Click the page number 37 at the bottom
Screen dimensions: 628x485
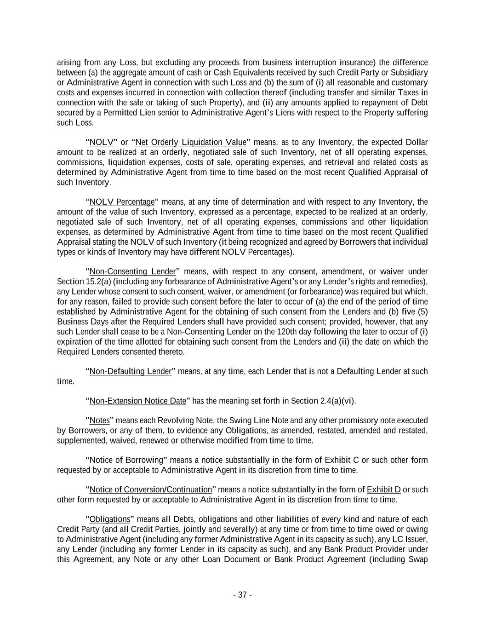tap(242, 595)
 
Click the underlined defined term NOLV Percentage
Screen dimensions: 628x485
tap(122, 202)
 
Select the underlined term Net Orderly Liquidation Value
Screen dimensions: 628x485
tap(191, 142)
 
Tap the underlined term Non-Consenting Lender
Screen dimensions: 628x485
tap(132, 271)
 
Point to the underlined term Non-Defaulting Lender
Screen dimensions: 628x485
tap(130, 371)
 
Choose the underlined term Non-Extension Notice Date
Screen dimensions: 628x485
tap(137, 401)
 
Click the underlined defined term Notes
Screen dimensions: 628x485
tap(99, 421)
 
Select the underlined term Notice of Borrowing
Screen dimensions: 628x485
tap(126, 460)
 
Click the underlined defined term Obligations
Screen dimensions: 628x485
tap(110, 519)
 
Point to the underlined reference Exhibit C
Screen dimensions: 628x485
tap(342, 460)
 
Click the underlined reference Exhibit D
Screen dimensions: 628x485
tap(384, 490)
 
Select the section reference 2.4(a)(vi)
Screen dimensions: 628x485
tap(337, 401)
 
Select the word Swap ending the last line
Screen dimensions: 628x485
tap(419, 559)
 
